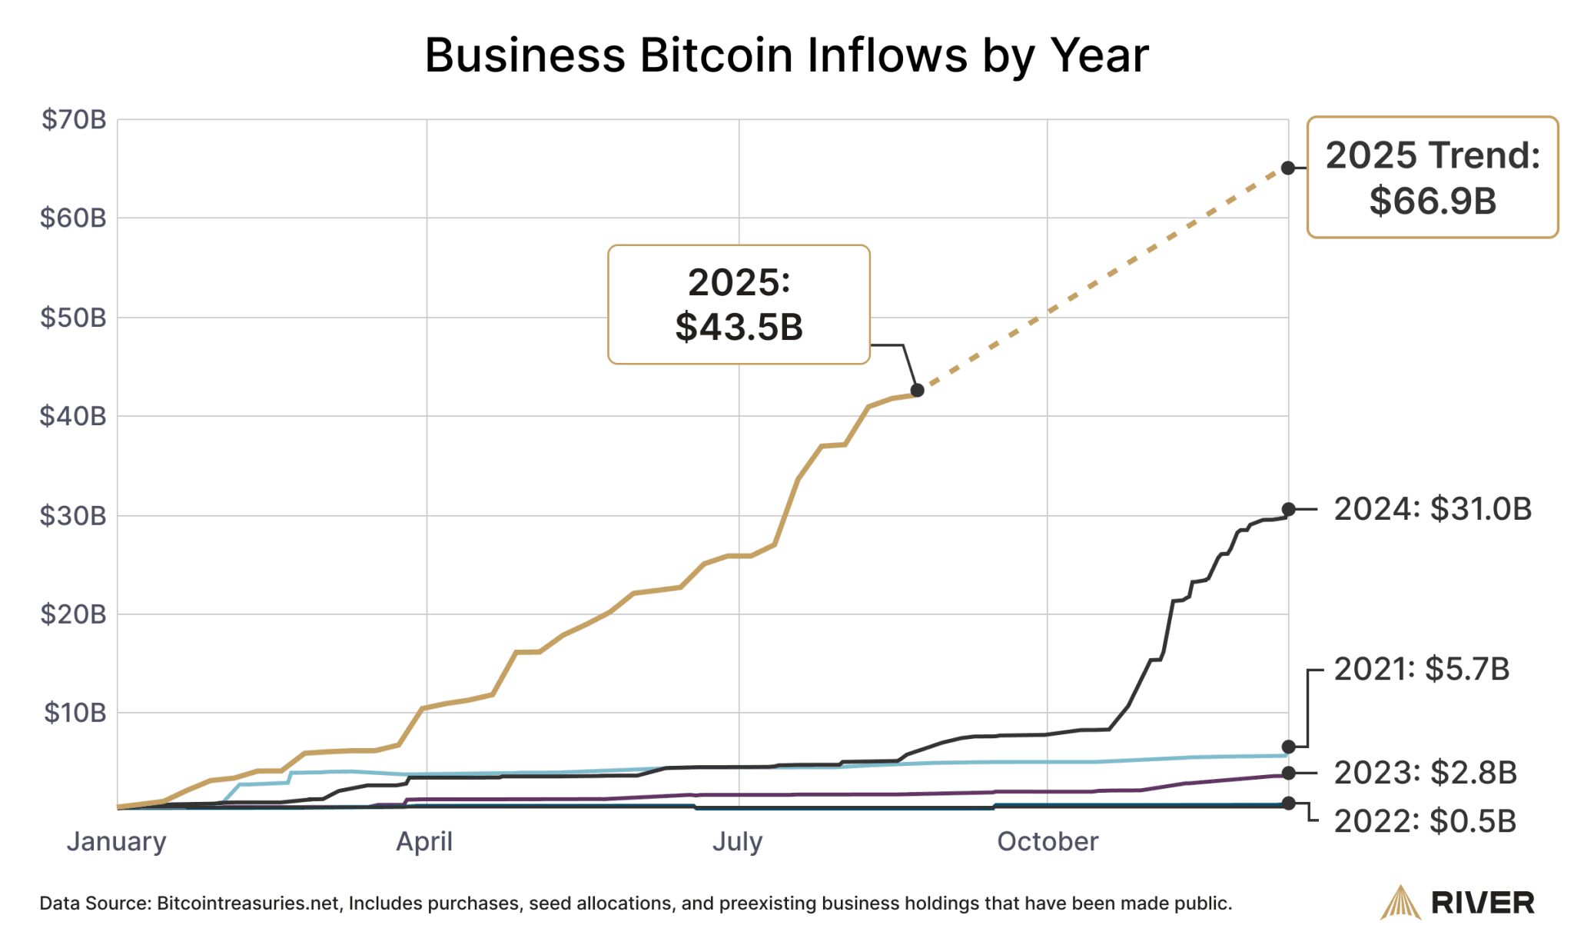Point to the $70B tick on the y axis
click(74, 120)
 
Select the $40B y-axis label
click(73, 417)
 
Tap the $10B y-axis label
click(75, 713)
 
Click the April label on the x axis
click(424, 842)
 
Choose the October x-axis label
click(1048, 842)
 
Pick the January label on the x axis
click(116, 842)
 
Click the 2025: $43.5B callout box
click(739, 304)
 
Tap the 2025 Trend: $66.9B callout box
click(1432, 178)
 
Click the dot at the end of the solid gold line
click(917, 391)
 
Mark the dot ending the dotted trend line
click(1288, 168)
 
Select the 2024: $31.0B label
click(1432, 510)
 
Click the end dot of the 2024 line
click(1289, 509)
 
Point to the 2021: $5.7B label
click(1421, 670)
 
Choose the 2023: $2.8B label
click(1425, 774)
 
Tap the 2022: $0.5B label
click(1425, 822)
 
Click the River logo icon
click(1400, 903)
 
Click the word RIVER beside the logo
click(1483, 903)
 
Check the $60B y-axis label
click(73, 218)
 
